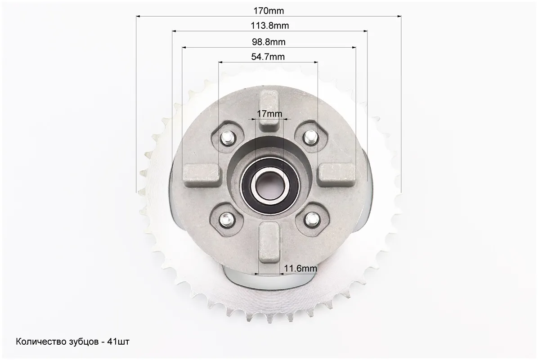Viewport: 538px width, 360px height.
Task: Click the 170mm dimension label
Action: (x=269, y=11)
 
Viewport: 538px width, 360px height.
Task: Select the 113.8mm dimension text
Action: (x=270, y=26)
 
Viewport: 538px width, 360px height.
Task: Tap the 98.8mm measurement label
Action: (x=269, y=42)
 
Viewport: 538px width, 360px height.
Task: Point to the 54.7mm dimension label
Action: (x=268, y=57)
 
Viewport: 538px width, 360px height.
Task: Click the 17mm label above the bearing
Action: (x=269, y=113)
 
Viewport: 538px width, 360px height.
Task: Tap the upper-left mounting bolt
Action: (x=227, y=138)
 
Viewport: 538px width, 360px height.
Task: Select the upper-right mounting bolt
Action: (x=310, y=137)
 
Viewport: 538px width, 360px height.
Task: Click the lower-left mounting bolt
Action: (x=226, y=218)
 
